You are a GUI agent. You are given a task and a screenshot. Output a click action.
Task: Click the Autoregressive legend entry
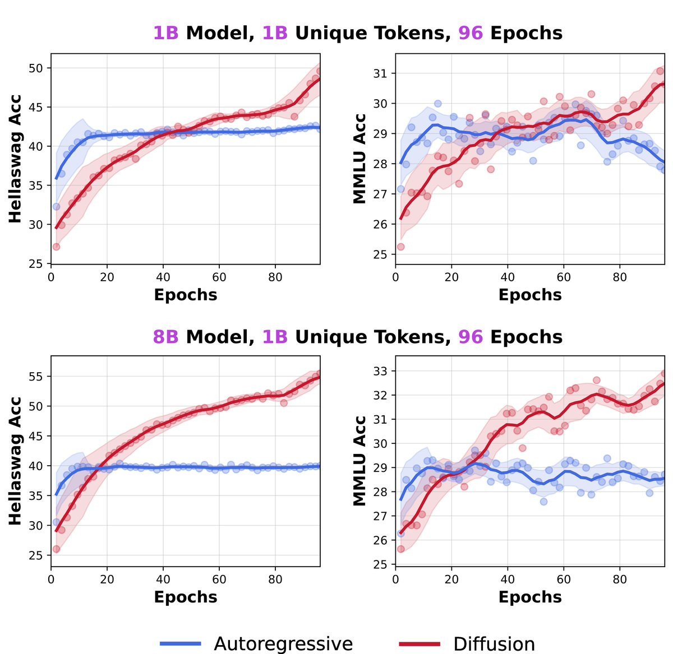click(x=256, y=643)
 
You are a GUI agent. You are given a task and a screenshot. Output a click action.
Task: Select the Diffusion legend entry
click(x=467, y=643)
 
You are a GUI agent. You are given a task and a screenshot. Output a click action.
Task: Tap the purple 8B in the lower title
click(x=165, y=337)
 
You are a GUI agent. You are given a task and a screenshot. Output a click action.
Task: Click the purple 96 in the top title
click(x=471, y=33)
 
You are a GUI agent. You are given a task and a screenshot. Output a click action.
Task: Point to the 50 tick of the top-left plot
click(x=35, y=68)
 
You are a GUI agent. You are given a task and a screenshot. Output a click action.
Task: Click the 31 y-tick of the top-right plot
click(x=380, y=73)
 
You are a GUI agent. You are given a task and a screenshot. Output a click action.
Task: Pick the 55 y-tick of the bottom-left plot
click(x=35, y=376)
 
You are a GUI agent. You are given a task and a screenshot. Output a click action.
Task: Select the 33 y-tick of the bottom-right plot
click(x=380, y=371)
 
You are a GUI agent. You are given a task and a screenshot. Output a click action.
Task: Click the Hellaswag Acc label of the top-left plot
click(x=15, y=159)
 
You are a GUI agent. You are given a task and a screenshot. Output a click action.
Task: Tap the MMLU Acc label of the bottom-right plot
click(x=359, y=461)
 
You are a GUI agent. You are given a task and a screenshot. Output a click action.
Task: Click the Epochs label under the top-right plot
click(x=530, y=295)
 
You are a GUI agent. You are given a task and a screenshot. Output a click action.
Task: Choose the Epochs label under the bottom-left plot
click(x=186, y=597)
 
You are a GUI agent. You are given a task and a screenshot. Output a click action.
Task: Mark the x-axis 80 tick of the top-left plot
click(x=275, y=277)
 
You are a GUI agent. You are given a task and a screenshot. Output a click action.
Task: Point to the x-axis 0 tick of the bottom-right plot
click(x=395, y=579)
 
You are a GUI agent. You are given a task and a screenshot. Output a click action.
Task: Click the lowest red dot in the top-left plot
click(x=56, y=247)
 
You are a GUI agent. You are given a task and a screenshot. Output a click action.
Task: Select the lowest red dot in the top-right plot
click(x=400, y=247)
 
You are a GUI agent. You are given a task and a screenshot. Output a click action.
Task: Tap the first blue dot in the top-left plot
click(x=56, y=206)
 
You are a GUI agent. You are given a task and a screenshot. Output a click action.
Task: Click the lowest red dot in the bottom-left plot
click(x=56, y=549)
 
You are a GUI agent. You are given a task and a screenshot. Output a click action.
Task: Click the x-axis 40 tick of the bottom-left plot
click(x=163, y=579)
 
